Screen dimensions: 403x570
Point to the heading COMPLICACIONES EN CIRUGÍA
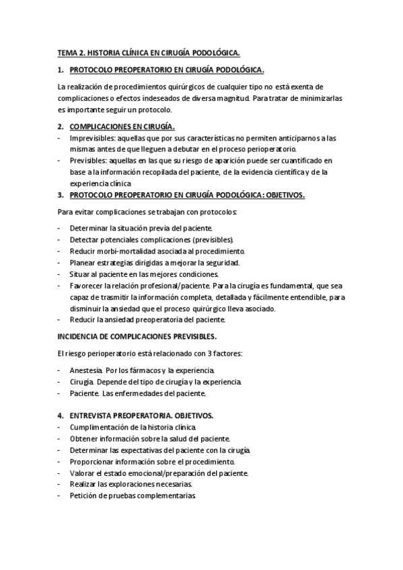[122, 126]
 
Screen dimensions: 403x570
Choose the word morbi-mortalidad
[122, 251]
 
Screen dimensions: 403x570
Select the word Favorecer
[87, 286]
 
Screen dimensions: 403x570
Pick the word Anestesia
[85, 370]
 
